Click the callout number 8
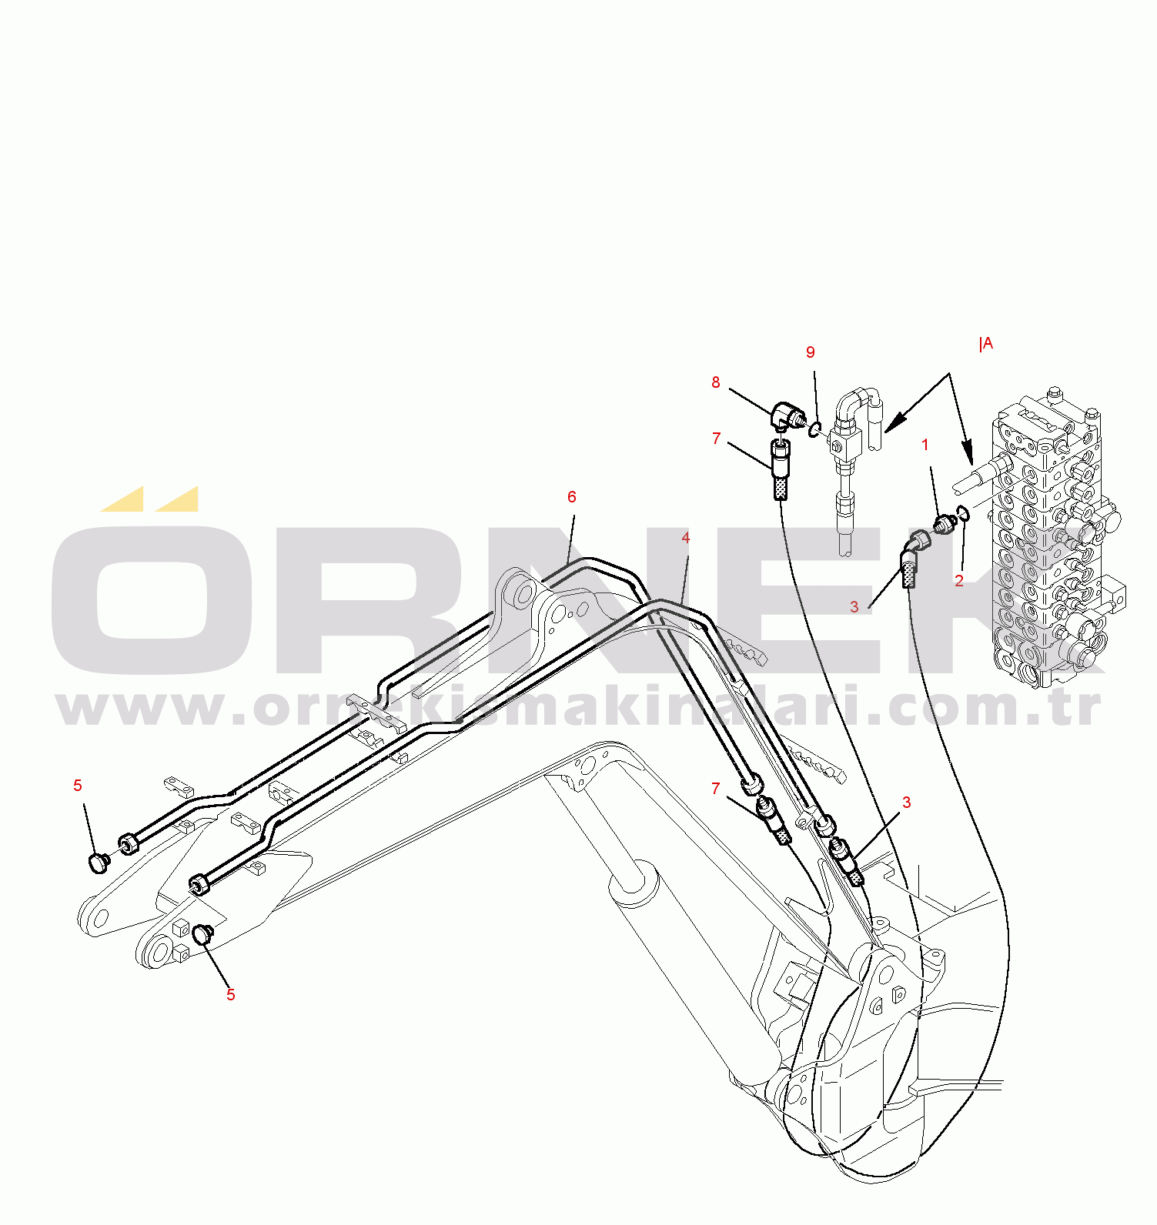[716, 382]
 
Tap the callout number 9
[810, 352]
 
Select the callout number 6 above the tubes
[572, 497]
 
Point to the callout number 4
[686, 538]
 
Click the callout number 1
[925, 445]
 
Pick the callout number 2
[959, 581]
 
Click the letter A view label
[986, 344]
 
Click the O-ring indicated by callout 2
[962, 513]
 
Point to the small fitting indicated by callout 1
[945, 525]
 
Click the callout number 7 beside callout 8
[717, 439]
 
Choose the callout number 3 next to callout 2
[854, 607]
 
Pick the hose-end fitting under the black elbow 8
[780, 469]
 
